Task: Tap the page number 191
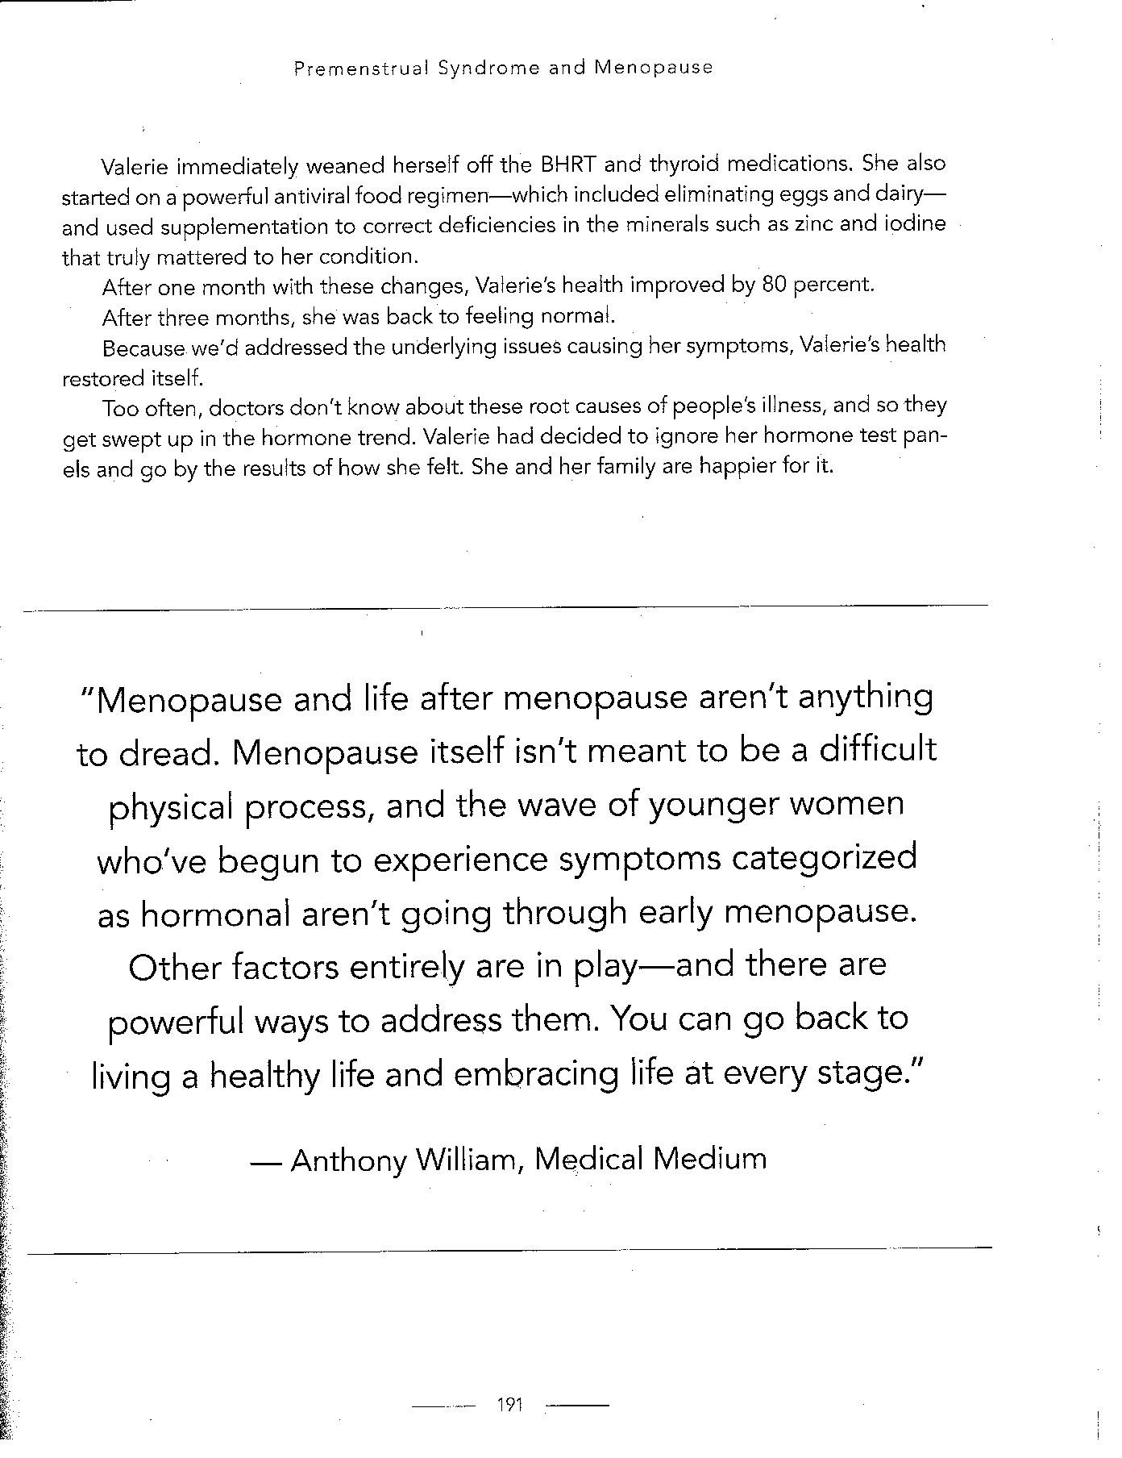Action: pos(511,1405)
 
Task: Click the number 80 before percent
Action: pos(773,286)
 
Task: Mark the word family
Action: pos(624,468)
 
